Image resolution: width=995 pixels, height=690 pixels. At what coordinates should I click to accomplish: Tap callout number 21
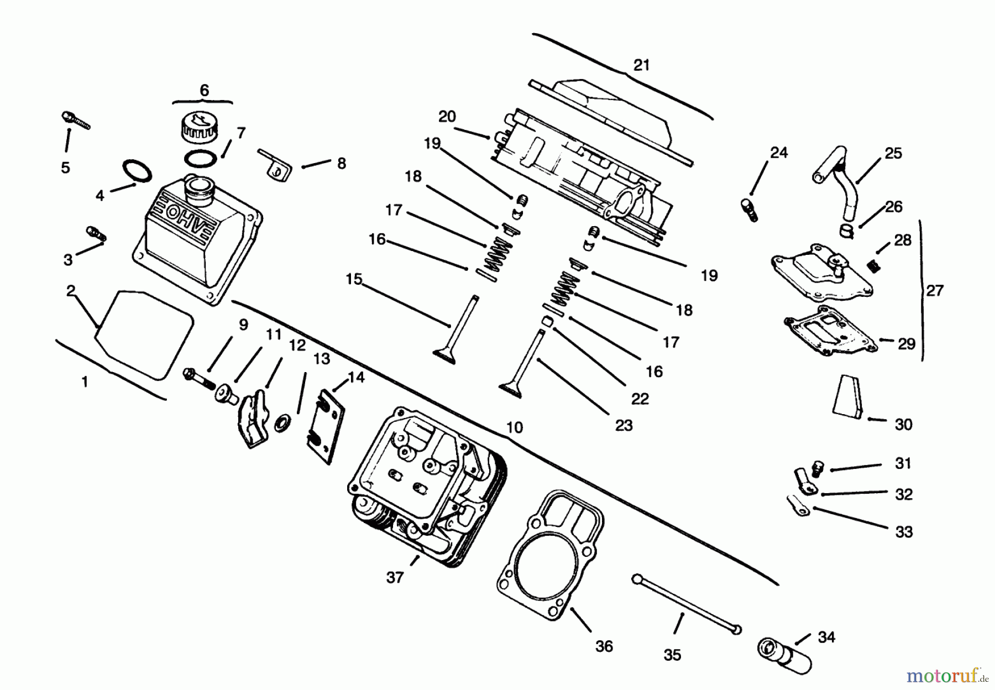[641, 65]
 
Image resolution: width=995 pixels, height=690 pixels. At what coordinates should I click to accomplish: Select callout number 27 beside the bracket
[934, 290]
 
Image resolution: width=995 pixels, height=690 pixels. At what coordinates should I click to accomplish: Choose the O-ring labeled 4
[137, 171]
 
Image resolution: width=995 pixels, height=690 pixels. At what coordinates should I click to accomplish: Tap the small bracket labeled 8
[275, 164]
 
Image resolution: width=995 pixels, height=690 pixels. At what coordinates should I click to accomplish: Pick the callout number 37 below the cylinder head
[395, 578]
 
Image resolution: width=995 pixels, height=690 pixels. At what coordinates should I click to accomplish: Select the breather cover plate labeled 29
[829, 331]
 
